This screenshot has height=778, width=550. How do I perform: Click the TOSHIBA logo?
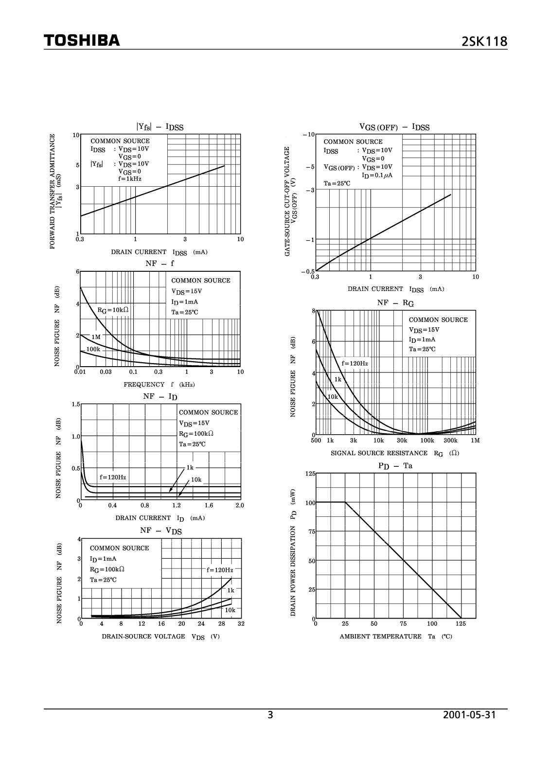click(81, 41)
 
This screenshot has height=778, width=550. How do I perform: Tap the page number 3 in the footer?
click(270, 715)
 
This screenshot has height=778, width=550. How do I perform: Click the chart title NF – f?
click(159, 263)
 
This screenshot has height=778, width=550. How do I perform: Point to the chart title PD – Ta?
click(395, 465)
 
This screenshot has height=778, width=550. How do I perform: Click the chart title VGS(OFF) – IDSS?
click(394, 127)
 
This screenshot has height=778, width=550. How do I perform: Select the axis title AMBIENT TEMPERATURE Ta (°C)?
click(395, 636)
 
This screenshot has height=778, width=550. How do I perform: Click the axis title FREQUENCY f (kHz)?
click(159, 384)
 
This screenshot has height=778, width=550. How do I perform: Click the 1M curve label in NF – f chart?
click(96, 336)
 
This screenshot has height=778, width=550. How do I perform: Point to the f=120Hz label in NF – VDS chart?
click(220, 569)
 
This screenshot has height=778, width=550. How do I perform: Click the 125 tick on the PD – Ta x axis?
click(461, 623)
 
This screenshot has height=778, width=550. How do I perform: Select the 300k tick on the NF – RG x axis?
click(451, 440)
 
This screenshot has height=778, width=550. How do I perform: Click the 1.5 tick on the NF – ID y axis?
click(75, 405)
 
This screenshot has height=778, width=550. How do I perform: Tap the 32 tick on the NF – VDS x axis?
click(240, 623)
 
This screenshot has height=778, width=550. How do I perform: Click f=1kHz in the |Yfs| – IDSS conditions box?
click(129, 178)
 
